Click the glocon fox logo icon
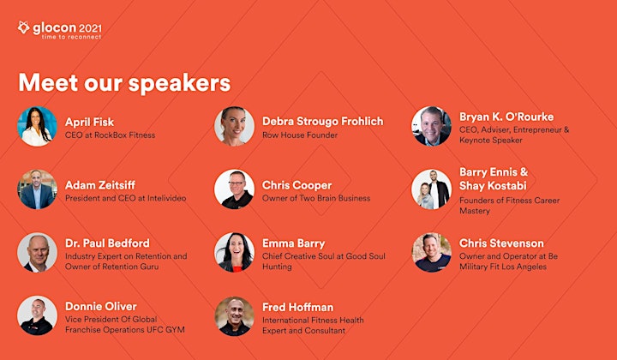24,27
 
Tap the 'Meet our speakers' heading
124,83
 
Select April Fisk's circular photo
37,126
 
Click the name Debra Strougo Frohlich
323,121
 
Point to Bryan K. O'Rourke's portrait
431,126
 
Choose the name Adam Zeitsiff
100,185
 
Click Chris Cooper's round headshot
234,189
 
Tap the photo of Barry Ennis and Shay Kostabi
431,189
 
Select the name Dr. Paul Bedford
107,243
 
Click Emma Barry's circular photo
234,252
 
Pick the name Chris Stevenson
501,243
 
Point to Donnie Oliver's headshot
37,315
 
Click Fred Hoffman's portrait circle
234,316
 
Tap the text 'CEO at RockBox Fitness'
111,135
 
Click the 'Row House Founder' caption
300,135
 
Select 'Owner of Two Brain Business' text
316,198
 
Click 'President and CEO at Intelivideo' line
125,198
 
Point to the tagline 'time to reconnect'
72,37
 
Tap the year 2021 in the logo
90,28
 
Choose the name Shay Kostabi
493,185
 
